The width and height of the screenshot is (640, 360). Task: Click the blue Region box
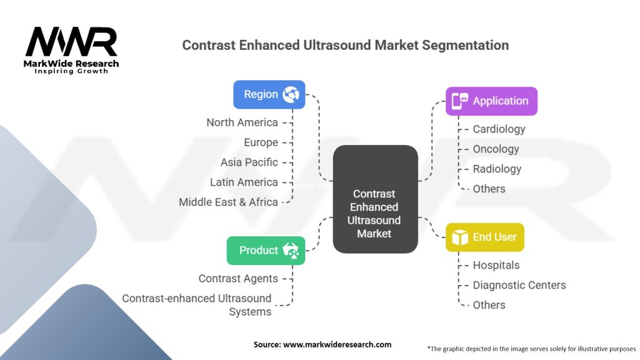pos(269,94)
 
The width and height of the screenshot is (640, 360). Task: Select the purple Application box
pos(491,101)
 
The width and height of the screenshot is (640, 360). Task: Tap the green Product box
pos(266,250)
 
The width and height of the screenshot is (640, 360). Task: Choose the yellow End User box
pos(484,237)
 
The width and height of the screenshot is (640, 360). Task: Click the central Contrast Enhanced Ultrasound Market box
pos(374,199)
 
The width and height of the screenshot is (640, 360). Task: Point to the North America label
pos(242,122)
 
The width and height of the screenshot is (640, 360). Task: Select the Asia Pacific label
pos(249,162)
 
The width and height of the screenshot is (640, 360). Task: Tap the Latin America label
pos(244,182)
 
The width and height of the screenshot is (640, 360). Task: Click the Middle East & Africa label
pos(228,202)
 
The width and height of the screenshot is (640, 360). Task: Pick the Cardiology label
pos(499,129)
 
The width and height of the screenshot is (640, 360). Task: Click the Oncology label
pos(496,149)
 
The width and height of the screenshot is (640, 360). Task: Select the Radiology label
pos(497,169)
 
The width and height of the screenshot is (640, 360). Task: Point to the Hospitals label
pos(496,266)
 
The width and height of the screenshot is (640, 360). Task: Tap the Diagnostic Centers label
pos(519,286)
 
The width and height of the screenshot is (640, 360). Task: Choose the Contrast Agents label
pos(238,279)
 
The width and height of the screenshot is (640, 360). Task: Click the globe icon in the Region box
pos(291,94)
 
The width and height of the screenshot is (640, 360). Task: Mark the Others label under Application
pos(489,189)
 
